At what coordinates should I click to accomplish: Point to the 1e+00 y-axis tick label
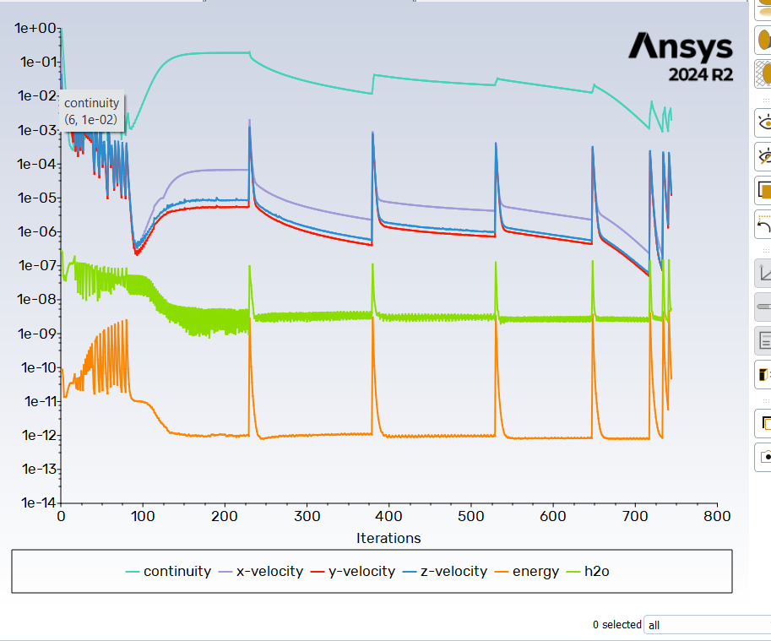[35, 28]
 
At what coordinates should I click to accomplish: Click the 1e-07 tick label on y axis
[35, 266]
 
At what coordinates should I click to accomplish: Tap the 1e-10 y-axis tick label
[35, 367]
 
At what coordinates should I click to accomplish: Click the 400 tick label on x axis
[388, 516]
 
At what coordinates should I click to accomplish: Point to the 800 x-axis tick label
[717, 516]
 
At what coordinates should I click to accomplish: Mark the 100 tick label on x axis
[143, 516]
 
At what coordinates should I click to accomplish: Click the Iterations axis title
[388, 538]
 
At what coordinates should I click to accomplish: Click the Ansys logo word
[681, 46]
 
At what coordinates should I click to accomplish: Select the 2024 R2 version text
[701, 75]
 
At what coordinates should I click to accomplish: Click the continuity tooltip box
[93, 111]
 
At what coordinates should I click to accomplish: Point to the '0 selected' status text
[616, 625]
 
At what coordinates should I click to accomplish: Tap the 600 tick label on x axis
[552, 516]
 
